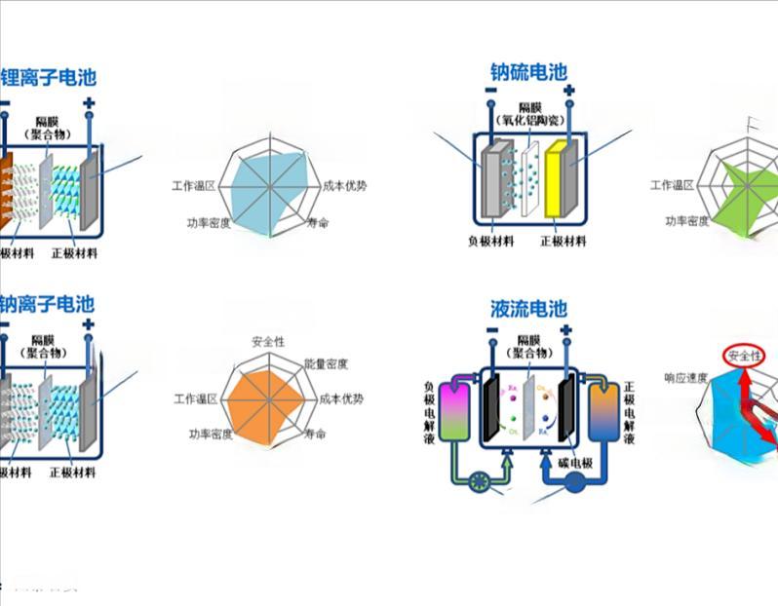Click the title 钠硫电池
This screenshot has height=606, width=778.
[527, 72]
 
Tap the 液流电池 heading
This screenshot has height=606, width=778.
[527, 310]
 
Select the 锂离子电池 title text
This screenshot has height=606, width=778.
[50, 77]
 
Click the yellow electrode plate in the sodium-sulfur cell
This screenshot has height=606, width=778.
[557, 178]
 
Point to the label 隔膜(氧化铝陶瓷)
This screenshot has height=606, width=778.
[528, 113]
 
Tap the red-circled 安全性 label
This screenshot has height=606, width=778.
[743, 356]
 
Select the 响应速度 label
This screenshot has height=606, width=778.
[685, 378]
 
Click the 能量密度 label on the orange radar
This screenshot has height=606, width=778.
[326, 363]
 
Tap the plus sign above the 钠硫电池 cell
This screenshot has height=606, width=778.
[568, 90]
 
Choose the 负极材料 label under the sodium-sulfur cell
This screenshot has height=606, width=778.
[490, 241]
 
